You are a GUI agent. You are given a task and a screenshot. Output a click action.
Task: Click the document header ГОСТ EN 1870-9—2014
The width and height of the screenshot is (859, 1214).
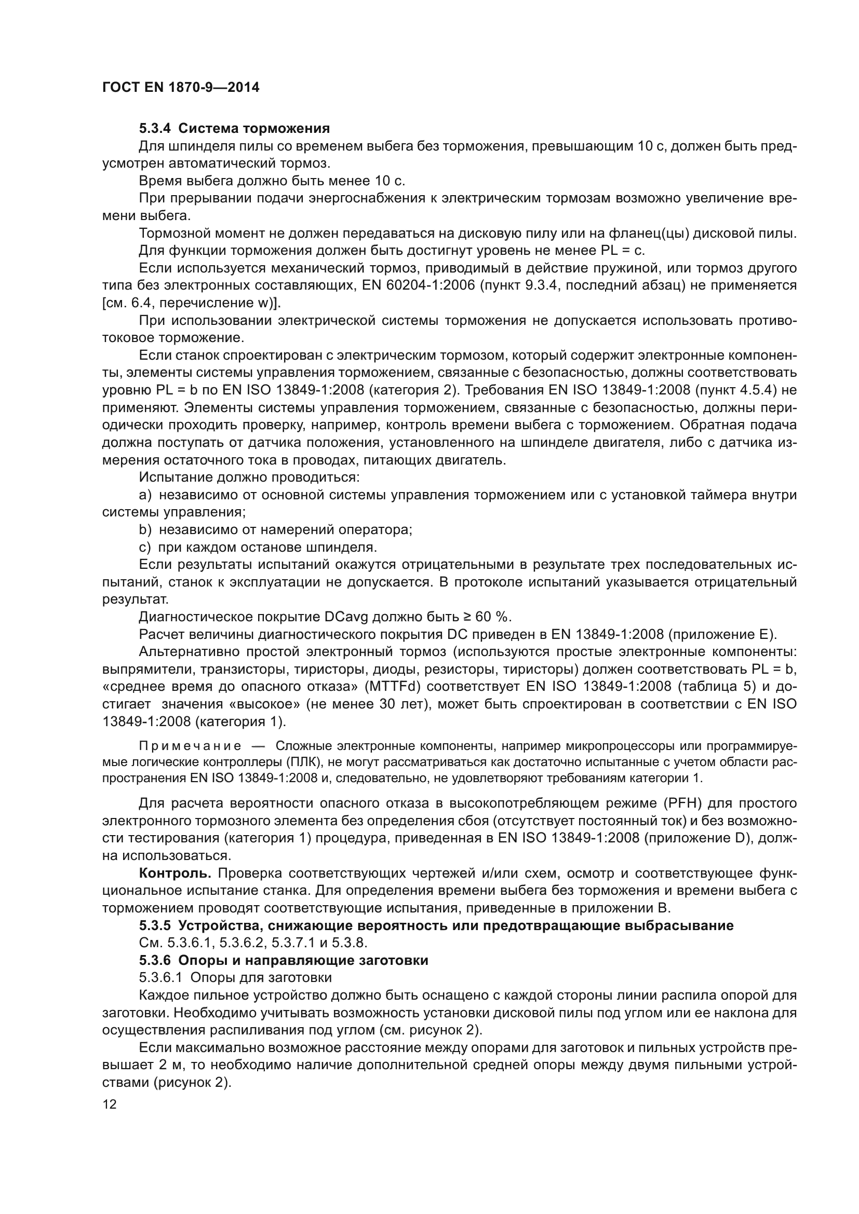pyautogui.click(x=180, y=88)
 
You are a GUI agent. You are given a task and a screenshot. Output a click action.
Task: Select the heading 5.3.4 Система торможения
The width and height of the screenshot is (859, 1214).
pyautogui.click(x=234, y=129)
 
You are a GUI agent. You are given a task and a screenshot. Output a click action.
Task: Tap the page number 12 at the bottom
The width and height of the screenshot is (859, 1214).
pyautogui.click(x=110, y=1104)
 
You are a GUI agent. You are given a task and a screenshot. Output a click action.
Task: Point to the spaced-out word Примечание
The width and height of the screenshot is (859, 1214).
pyautogui.click(x=190, y=746)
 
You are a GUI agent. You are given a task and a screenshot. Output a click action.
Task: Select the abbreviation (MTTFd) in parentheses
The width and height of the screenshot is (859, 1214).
pyautogui.click(x=390, y=687)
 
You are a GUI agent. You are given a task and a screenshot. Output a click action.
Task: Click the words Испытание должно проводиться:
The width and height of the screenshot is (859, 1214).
pyautogui.click(x=249, y=478)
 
